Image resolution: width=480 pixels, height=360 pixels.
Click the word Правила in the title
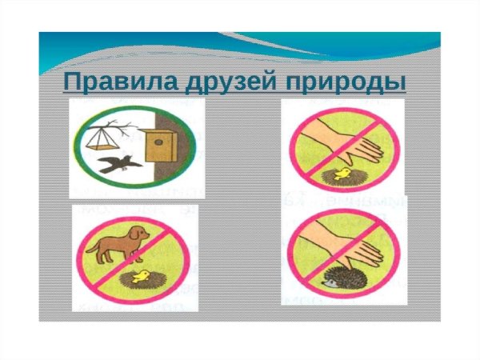coord(108,83)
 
